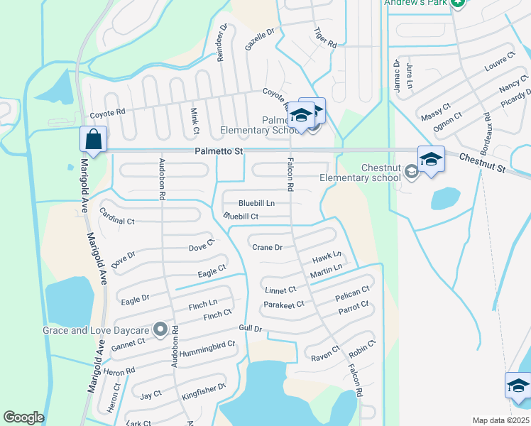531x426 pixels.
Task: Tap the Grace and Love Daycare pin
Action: point(160,329)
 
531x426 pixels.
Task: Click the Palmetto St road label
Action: point(219,152)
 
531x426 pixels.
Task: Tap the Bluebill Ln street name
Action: point(256,204)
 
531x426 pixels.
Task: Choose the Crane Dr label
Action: point(268,247)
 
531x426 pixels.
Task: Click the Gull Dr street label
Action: point(251,329)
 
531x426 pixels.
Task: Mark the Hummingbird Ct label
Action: point(207,344)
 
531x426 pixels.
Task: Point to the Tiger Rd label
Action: point(325,38)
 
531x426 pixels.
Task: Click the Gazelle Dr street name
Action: point(259,40)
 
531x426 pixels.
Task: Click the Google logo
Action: point(24,417)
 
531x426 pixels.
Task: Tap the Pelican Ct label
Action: point(353,290)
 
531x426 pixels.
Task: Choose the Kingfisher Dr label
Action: point(203,390)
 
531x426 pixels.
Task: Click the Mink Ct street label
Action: point(194,120)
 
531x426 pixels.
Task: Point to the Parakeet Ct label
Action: point(284,304)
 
